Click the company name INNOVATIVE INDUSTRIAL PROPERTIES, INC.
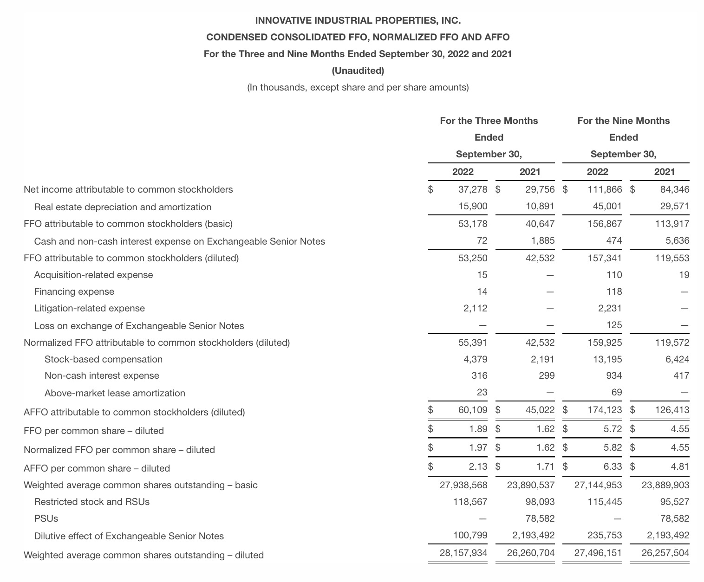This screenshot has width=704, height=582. coord(358,20)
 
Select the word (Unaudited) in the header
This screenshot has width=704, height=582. coord(358,71)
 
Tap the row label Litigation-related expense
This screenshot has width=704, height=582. coord(89,308)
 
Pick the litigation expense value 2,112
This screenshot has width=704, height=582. coord(475,308)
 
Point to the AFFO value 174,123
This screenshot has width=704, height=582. coord(604,410)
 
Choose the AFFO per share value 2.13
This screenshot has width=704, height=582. coord(478,466)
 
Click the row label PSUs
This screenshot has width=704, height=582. coord(46,518)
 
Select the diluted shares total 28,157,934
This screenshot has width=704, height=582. coord(463,553)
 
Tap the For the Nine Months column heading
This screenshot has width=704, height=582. coord(623,121)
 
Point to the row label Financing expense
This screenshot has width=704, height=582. coord(74,291)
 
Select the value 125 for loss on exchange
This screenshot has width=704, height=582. coord(614,325)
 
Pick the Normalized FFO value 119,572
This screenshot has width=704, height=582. coord(672,343)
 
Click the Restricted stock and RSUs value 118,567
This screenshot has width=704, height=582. coord(470,502)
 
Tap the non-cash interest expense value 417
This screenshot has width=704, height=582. coord(681,375)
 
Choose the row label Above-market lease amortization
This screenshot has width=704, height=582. coord(115,393)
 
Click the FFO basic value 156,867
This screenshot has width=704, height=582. coord(604,224)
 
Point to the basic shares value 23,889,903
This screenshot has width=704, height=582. coord(665,485)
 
